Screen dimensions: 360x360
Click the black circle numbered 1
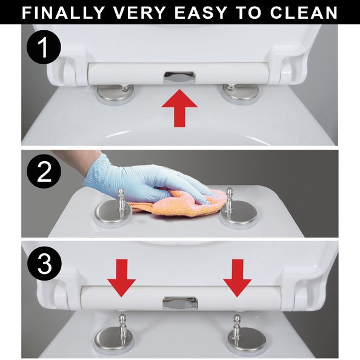point(44,47)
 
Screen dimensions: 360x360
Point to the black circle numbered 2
point(44,172)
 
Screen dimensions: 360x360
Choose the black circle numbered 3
point(44,263)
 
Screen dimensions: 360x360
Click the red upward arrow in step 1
point(179,108)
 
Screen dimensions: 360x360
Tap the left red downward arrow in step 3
point(121,278)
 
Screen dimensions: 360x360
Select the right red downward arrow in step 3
point(238,278)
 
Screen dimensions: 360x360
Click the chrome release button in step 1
point(179,77)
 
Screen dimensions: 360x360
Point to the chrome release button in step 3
point(180,302)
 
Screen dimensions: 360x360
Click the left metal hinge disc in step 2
point(113,213)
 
